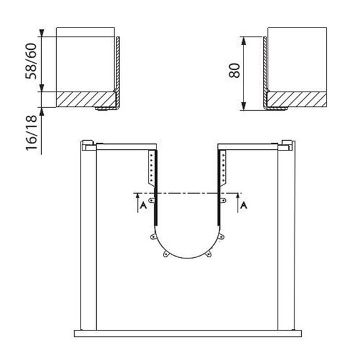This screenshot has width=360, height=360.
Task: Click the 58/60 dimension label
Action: (31, 62)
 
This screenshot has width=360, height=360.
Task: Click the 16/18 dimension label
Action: (31, 133)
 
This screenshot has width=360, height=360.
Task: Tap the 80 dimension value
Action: (234, 71)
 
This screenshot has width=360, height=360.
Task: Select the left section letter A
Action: (143, 205)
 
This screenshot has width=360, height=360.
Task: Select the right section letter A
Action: (243, 205)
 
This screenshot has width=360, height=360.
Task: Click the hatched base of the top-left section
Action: (86, 99)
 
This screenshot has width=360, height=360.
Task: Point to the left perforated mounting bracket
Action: (152, 167)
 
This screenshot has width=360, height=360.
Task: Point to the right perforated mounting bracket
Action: (223, 167)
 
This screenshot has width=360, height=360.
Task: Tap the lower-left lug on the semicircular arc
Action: (166, 254)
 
